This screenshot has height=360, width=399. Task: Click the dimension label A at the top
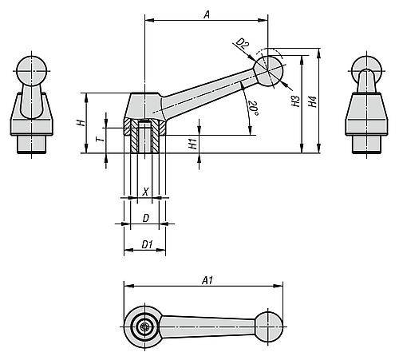click(x=207, y=14)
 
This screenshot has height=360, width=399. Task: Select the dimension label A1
click(x=207, y=280)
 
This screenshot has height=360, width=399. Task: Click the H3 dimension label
click(x=294, y=101)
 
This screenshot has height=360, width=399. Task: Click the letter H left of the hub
click(x=80, y=124)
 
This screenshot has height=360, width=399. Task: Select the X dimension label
click(x=144, y=191)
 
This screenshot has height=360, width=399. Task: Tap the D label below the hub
click(x=144, y=217)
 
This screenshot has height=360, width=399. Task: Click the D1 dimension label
click(x=146, y=243)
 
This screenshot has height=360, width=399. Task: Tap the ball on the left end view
click(x=30, y=67)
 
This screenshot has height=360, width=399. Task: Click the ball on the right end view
click(x=366, y=67)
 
